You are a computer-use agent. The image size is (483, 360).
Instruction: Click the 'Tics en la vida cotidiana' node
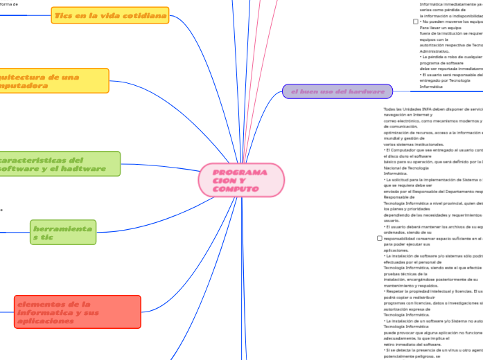click(110, 15)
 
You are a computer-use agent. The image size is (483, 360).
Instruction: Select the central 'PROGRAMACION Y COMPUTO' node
click(241, 181)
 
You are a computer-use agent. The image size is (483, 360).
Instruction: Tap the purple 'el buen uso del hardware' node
click(337, 91)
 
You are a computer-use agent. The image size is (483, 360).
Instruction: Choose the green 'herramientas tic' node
click(63, 233)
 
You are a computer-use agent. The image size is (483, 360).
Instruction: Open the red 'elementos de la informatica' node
click(77, 312)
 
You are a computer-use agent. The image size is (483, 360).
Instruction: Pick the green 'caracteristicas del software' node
click(59, 164)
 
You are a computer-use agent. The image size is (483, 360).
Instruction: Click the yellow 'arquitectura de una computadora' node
click(52, 81)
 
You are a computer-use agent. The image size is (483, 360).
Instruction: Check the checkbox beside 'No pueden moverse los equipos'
click(416, 21)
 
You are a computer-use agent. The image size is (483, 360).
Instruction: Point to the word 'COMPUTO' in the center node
click(236, 189)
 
